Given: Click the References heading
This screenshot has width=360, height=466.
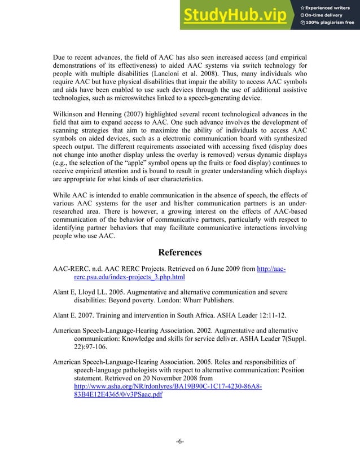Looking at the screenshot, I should pos(179,252).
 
